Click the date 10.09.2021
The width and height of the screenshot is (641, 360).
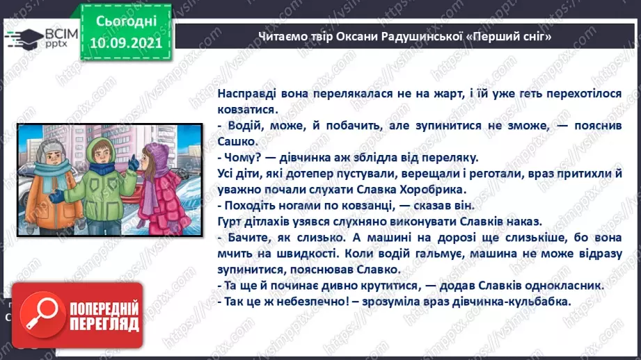tap(125, 43)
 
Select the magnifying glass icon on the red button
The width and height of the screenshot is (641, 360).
tap(41, 316)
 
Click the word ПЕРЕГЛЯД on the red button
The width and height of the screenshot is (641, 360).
tap(104, 325)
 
